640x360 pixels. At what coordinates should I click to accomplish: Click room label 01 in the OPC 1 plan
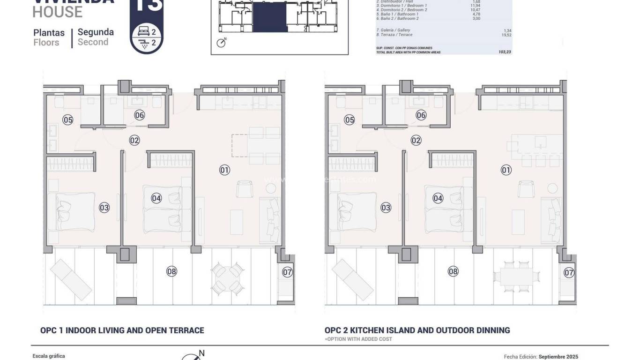pos(224,170)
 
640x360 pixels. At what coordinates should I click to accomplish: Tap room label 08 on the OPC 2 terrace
pos(453,271)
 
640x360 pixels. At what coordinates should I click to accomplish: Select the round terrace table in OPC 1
pos(227,277)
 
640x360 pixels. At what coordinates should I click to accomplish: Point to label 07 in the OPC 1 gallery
pos(287,272)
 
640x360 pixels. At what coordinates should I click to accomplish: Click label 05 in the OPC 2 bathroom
pos(349,120)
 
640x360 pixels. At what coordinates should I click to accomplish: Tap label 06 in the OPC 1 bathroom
pos(139,115)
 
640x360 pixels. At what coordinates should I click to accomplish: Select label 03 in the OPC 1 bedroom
pos(104,207)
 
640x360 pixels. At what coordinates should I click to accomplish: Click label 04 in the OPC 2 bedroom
pos(438,198)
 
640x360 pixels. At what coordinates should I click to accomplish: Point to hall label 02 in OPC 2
pos(416,140)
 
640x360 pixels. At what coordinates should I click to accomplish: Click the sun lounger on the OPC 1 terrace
pos(71,279)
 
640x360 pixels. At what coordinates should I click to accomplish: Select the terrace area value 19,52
pos(506,35)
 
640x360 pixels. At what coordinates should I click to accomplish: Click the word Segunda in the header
pos(96,32)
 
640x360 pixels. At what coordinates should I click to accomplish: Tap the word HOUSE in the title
pos(57,12)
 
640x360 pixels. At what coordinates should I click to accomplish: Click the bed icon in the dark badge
pos(143,32)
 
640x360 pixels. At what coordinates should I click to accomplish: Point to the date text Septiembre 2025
pos(558,357)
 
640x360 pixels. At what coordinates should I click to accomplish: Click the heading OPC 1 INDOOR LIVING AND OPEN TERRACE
pos(122,330)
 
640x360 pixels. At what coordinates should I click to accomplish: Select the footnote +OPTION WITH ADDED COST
pos(358,339)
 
